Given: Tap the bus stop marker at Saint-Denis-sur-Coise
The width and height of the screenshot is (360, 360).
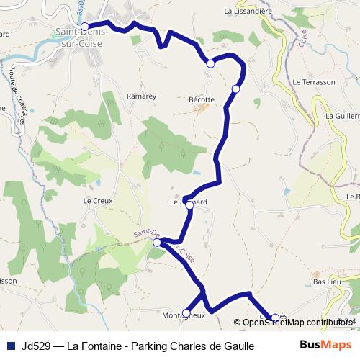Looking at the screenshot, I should point(84,27).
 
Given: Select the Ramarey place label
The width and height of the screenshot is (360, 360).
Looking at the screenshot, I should point(137,96).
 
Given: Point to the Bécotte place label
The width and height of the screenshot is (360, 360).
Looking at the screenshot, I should point(201,99).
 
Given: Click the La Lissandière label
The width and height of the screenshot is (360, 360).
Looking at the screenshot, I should point(247,11).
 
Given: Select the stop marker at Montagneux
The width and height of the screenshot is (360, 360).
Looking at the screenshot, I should point(186,312).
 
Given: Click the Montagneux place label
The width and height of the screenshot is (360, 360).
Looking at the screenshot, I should point(183,315).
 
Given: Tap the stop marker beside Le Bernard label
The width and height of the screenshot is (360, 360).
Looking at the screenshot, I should point(189,205).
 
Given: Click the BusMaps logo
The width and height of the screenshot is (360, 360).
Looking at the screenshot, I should point(325,345).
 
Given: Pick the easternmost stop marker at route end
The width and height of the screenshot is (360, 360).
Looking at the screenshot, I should point(274,318).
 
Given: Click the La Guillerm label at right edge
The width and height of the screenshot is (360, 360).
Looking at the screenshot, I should point(341,115).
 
